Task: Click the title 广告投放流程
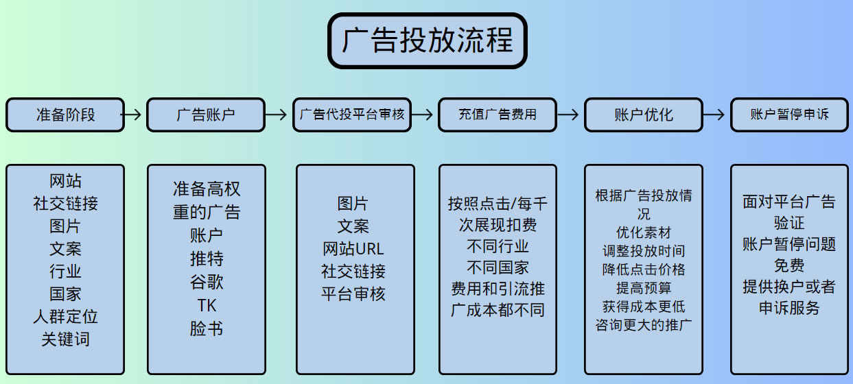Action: tap(427, 40)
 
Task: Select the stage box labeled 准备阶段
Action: tap(65, 115)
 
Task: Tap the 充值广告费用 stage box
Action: tap(498, 115)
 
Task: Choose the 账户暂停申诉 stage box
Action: tap(789, 115)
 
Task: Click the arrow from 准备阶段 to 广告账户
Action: tap(135, 115)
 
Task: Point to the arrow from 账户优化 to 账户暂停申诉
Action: tap(716, 115)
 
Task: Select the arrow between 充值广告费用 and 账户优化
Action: tap(568, 115)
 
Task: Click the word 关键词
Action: tap(65, 339)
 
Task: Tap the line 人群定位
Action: tap(65, 316)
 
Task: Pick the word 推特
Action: tap(207, 259)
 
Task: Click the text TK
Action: tap(207, 305)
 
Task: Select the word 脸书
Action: tap(207, 328)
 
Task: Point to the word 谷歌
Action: tap(207, 282)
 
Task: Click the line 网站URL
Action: tap(353, 248)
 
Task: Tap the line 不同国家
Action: tap(498, 267)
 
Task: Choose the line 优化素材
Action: tap(644, 232)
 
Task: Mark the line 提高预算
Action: tap(644, 288)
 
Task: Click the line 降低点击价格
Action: tap(644, 269)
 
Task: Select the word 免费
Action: tap(789, 265)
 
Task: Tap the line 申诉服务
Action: tap(789, 308)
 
